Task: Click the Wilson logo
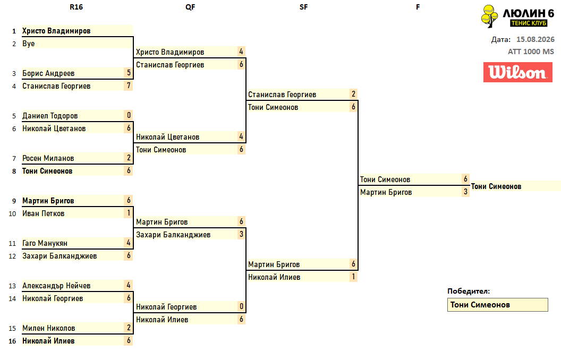518,72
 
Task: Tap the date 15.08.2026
535,39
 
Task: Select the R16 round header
76,7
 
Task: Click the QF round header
190,7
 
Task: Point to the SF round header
303,7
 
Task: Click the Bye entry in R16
29,44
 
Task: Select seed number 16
12,341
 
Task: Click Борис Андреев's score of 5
129,73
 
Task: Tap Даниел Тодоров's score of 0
129,115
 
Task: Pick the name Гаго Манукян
45,243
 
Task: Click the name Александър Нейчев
56,286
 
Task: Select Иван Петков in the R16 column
43,213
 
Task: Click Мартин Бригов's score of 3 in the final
465,192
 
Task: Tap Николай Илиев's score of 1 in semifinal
353,277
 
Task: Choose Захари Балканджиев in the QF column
173,235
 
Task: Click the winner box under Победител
497,305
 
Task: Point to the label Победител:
469,291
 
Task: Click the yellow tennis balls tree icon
489,16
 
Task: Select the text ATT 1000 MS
531,52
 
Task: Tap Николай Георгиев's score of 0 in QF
242,306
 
